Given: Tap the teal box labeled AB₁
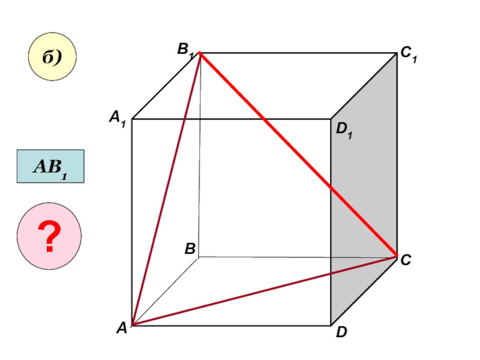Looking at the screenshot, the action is point(50,166).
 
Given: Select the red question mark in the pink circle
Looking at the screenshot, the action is point(50,235).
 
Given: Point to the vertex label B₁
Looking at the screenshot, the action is point(185,50).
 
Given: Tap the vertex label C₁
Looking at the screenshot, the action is point(409,55).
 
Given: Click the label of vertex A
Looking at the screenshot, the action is point(121,328).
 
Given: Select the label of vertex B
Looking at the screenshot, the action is point(190,248).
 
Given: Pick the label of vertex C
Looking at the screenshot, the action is point(406,259).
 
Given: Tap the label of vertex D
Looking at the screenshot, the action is point(341,332).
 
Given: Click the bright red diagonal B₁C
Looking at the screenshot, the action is point(298,155).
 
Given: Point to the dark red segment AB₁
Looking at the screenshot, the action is point(166,189).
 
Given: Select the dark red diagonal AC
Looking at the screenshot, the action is point(264,291).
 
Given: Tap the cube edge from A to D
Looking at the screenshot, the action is point(231,326).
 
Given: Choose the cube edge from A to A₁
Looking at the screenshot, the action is point(131,222).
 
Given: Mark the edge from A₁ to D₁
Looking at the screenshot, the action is point(231,119).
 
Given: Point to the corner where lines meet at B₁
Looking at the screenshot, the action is point(200,53).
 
